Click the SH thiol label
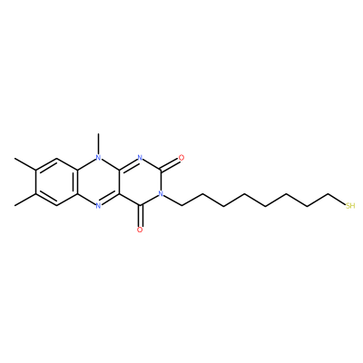[350, 206]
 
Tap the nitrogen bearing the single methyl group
[97, 158]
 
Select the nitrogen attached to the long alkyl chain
[161, 194]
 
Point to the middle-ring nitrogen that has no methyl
[97, 206]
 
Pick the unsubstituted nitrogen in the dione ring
[140, 158]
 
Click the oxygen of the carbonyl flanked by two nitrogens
[181, 158]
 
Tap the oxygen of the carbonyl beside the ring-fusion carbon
[140, 230]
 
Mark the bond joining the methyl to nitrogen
[97, 144]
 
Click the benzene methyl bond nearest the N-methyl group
[25, 163]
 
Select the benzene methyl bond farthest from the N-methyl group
[25, 200]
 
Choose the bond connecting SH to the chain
[338, 200]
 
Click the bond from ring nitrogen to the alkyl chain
[172, 201]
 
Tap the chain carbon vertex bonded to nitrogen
[181, 206]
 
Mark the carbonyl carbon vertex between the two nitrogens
[161, 170]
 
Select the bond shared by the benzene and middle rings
[75, 181]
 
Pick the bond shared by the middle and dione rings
[119, 181]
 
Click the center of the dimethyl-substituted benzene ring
[55, 181]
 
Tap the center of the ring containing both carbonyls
[140, 181]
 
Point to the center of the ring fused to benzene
[97, 181]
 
